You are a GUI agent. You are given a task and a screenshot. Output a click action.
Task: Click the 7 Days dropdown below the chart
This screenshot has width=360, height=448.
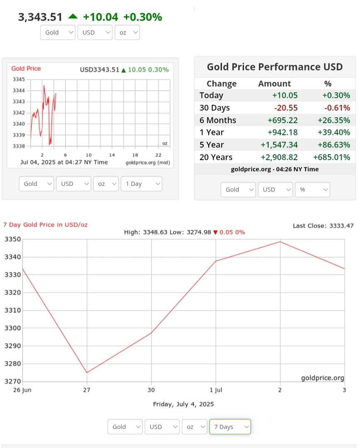click(x=230, y=427)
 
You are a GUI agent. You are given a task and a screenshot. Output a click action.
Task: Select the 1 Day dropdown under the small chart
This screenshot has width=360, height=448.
click(x=141, y=184)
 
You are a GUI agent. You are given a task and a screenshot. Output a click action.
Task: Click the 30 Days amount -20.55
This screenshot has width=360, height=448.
click(x=286, y=108)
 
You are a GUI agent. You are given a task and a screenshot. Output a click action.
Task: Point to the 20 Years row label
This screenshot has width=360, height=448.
click(x=216, y=157)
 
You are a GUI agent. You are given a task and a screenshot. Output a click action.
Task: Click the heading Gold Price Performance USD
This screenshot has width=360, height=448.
click(x=275, y=67)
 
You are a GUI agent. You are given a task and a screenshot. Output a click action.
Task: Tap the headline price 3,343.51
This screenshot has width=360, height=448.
click(x=40, y=17)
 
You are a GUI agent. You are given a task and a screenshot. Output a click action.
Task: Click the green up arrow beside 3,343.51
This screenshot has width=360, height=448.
click(x=73, y=17)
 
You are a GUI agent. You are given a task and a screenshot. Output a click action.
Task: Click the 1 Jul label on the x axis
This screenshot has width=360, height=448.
click(x=215, y=390)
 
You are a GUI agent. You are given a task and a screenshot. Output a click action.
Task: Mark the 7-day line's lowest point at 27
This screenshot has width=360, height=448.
click(x=87, y=372)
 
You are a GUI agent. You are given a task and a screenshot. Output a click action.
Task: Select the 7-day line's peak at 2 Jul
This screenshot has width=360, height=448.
click(x=280, y=241)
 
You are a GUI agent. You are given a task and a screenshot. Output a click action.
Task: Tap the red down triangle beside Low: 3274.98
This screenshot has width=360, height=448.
click(x=215, y=232)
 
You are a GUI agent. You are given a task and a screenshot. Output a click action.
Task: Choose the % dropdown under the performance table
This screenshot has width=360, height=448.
click(x=312, y=190)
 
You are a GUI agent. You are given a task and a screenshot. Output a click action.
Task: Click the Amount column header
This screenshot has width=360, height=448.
click(x=274, y=84)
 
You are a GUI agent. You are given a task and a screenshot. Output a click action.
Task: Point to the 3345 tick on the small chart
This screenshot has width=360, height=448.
click(x=19, y=79)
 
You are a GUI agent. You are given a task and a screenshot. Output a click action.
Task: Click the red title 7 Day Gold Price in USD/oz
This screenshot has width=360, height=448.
click(x=45, y=225)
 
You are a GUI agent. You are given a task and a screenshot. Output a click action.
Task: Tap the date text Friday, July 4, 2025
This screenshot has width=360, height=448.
click(x=183, y=404)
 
